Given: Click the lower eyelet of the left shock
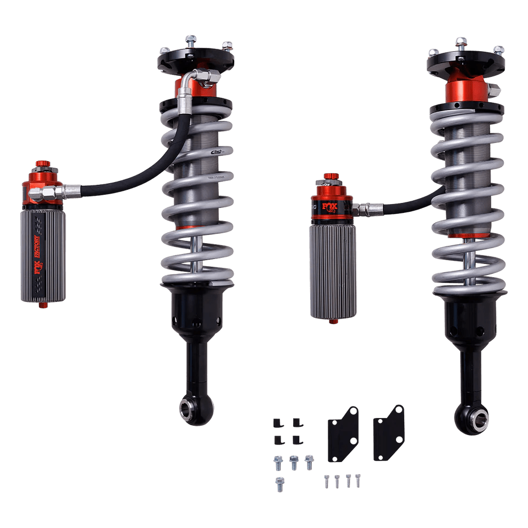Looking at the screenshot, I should [x=190, y=408].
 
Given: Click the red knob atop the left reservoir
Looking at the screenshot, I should [x=42, y=164].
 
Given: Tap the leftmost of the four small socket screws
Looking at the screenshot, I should [x=324, y=482].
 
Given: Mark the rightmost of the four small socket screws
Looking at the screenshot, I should [x=358, y=480].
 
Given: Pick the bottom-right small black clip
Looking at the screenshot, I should [x=298, y=439].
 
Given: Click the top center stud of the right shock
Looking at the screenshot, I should [x=461, y=42].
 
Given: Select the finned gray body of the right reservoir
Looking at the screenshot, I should [x=332, y=269].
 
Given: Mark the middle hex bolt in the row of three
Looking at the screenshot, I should [x=294, y=463].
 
